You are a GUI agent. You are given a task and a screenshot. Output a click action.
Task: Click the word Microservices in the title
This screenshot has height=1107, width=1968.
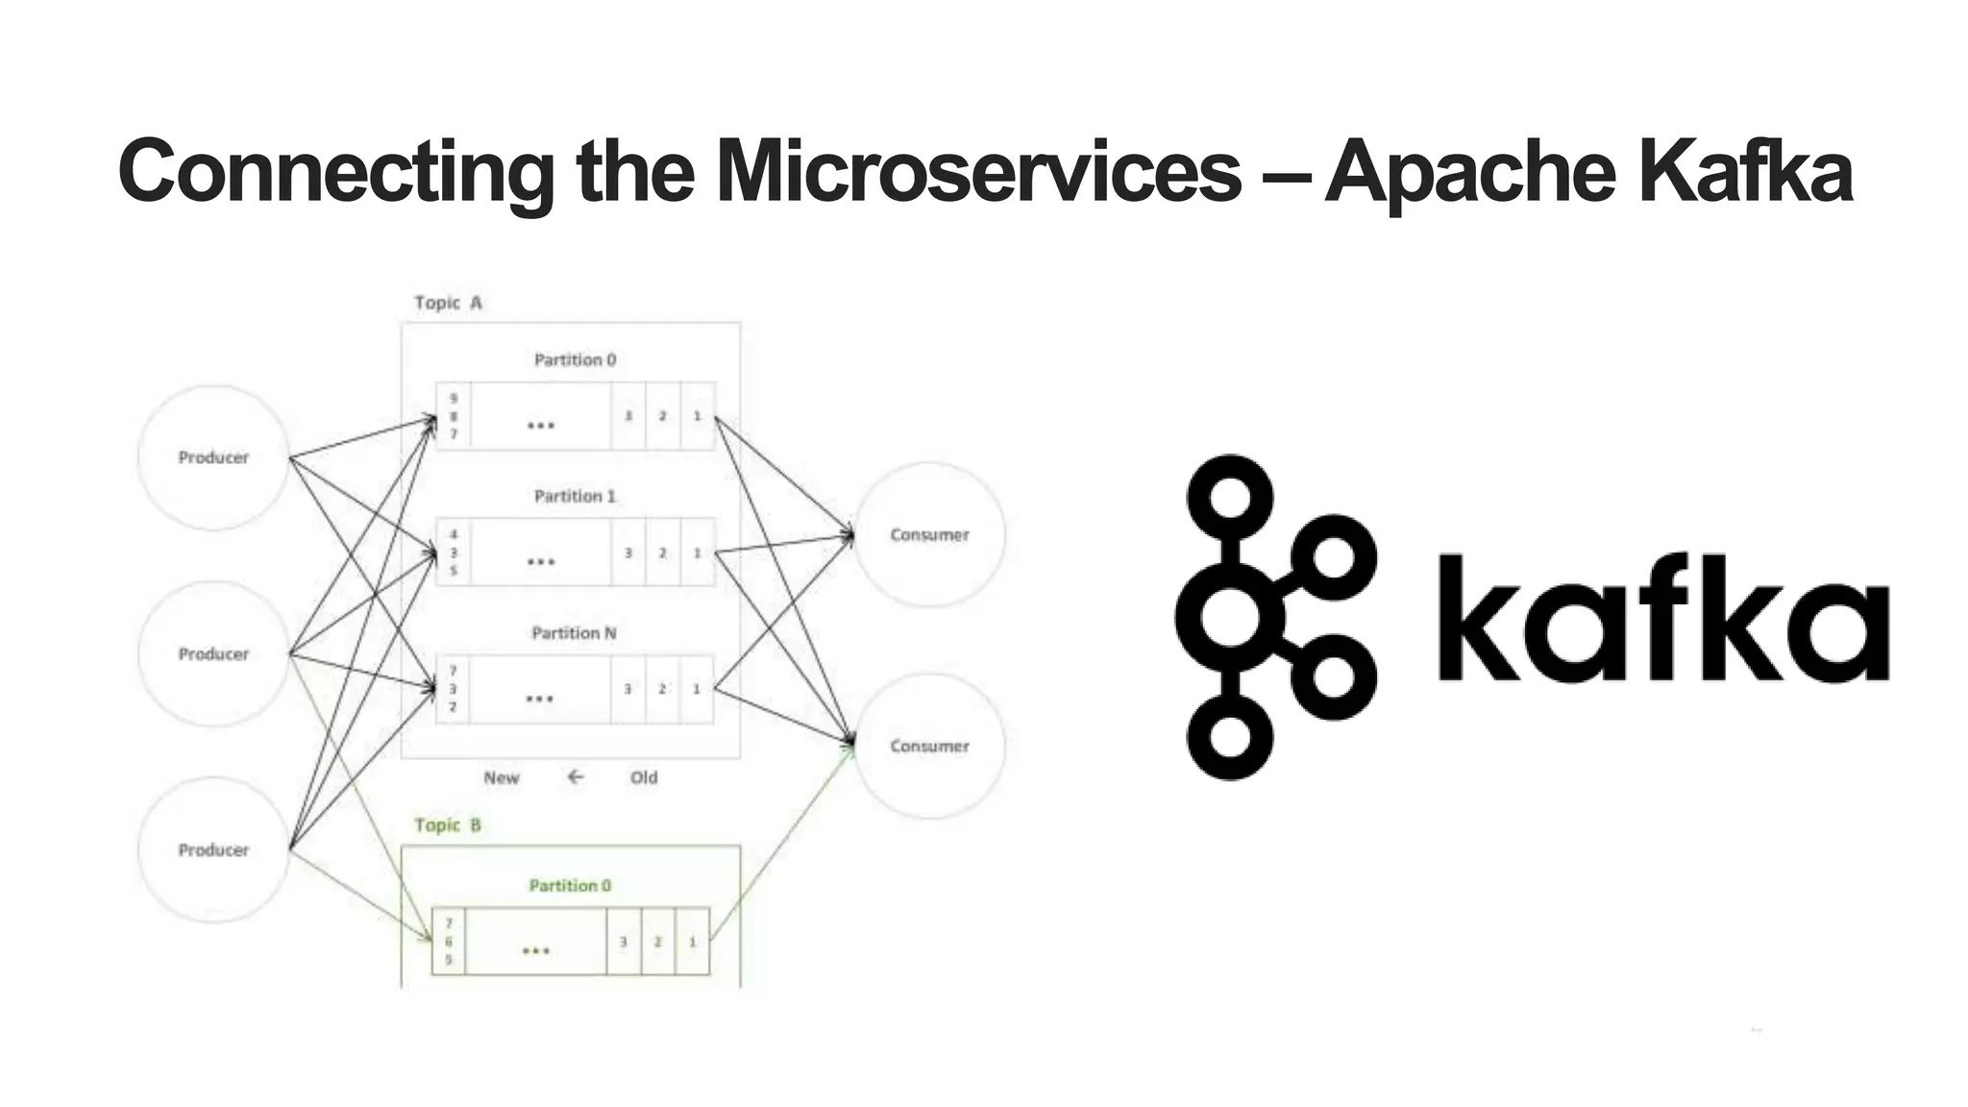tap(978, 171)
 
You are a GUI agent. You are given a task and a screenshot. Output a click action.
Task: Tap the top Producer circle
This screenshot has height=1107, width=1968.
tap(213, 457)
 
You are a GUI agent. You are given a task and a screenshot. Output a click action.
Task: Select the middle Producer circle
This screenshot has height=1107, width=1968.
tap(213, 653)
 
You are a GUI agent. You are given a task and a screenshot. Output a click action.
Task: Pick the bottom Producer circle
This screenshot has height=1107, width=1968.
tap(213, 849)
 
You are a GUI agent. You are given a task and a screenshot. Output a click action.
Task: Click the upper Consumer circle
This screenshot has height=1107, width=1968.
tap(929, 534)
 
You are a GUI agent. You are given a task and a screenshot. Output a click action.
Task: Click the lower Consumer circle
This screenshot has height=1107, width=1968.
tap(929, 746)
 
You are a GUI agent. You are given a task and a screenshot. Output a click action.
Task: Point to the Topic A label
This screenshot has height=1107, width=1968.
tap(448, 303)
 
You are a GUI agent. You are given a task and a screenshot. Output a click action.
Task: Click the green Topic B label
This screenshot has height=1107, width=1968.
tap(447, 824)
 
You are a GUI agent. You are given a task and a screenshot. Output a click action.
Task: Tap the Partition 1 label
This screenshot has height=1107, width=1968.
tap(575, 496)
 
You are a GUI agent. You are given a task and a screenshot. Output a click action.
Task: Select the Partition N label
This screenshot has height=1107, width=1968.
tap(574, 632)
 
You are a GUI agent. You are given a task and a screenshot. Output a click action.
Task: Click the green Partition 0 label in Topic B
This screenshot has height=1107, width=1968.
tap(570, 885)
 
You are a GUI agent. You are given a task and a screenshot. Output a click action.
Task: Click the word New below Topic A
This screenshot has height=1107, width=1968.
tap(501, 777)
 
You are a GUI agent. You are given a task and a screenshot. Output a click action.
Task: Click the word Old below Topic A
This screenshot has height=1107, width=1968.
tap(644, 777)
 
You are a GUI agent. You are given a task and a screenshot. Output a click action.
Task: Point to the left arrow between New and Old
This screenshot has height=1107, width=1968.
tap(575, 776)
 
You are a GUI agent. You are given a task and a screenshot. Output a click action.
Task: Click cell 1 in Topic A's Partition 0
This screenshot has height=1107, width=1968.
tap(698, 416)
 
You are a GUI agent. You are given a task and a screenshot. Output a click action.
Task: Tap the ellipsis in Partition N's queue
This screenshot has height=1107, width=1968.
tap(540, 699)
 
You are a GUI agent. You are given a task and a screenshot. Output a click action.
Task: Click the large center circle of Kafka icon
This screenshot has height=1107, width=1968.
tap(1230, 616)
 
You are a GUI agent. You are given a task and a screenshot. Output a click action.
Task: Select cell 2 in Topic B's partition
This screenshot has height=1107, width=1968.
tap(657, 942)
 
